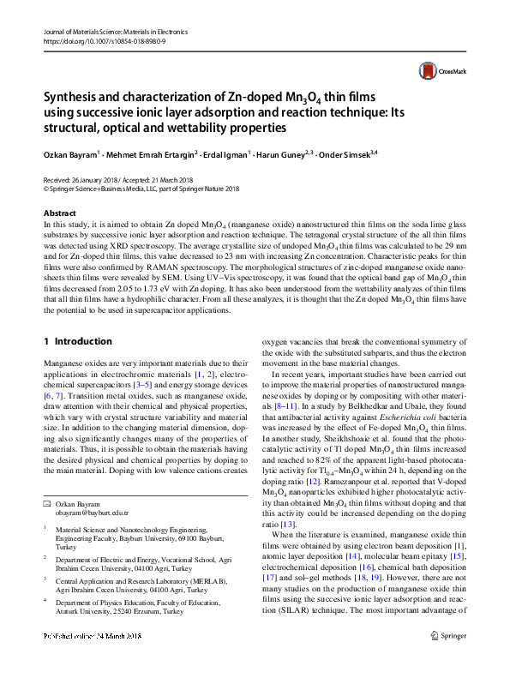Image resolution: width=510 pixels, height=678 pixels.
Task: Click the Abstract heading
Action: (60, 213)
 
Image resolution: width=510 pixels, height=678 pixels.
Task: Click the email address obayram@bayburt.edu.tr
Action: (92, 513)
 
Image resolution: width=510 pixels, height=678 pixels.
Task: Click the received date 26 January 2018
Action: (101, 179)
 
